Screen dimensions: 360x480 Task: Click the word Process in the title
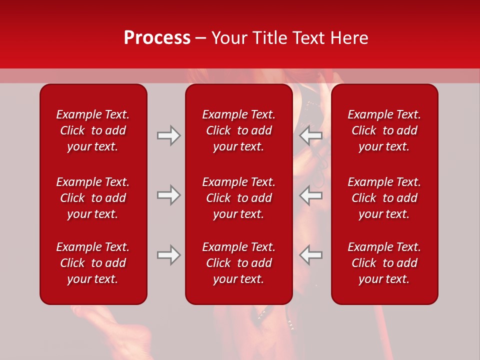[157, 38]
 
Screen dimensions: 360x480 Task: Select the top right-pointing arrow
[168, 135]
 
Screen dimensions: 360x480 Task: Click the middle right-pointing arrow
[168, 195]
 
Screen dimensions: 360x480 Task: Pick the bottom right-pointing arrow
[168, 255]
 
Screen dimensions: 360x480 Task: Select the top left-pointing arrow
[311, 135]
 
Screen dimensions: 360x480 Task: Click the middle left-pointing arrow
[311, 195]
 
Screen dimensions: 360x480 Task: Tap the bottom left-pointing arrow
[311, 255]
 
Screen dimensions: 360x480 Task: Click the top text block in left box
[93, 130]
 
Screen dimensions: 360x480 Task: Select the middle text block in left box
[93, 198]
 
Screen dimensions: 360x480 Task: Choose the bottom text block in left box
[93, 263]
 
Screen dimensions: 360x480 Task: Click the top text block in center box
[238, 130]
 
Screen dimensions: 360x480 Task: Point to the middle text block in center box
[238, 198]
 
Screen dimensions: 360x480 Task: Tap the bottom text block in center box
[238, 263]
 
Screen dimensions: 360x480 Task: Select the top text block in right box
[384, 130]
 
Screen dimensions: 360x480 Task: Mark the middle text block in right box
[384, 198]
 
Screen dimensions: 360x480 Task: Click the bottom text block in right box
[384, 263]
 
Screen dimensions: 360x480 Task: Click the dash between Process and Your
[201, 39]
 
